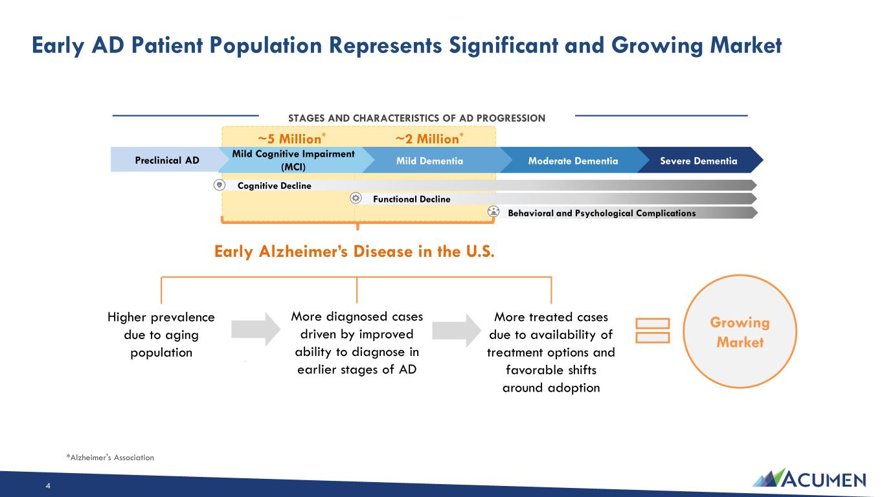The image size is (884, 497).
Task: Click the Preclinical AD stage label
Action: [x=167, y=160]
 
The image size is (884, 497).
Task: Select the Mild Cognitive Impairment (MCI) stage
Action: [x=293, y=160]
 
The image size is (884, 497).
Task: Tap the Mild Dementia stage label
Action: [x=429, y=161]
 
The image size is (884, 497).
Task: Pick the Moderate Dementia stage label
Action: [x=573, y=161]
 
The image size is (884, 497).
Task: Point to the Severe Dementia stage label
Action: [x=699, y=161]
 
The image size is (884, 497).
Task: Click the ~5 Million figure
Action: [x=291, y=138]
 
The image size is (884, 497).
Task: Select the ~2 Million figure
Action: [x=429, y=138]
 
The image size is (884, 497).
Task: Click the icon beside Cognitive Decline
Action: [x=220, y=184]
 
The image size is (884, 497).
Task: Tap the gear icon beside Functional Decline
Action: [x=356, y=198]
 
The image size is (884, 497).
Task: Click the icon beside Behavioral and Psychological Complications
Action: [x=493, y=212]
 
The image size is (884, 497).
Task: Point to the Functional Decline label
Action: [x=412, y=199]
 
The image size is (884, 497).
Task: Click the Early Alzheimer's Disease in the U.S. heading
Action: [x=354, y=252]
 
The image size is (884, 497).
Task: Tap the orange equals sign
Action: [x=653, y=331]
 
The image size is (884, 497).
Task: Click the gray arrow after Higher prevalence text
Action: [x=256, y=329]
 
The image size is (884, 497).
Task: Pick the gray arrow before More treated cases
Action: [x=457, y=331]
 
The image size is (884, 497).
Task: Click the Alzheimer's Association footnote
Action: [x=110, y=458]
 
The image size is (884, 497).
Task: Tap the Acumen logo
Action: [x=809, y=478]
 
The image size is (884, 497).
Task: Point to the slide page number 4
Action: [x=48, y=486]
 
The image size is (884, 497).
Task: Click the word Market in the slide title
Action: [x=745, y=45]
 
